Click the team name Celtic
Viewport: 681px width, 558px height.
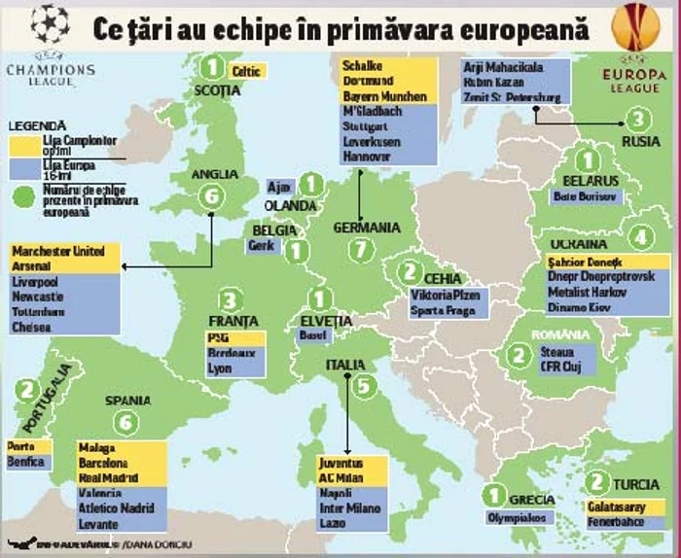click(x=247, y=71)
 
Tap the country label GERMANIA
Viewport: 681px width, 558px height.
click(x=366, y=227)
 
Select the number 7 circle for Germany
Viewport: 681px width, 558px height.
click(x=361, y=250)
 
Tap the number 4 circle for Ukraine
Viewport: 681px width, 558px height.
click(x=639, y=236)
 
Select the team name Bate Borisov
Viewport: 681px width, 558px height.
click(x=585, y=196)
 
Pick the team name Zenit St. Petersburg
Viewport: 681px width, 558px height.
click(x=512, y=97)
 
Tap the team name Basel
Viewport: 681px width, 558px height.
click(x=312, y=336)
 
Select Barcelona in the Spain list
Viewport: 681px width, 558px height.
click(x=109, y=464)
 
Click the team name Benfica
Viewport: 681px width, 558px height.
click(x=26, y=463)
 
